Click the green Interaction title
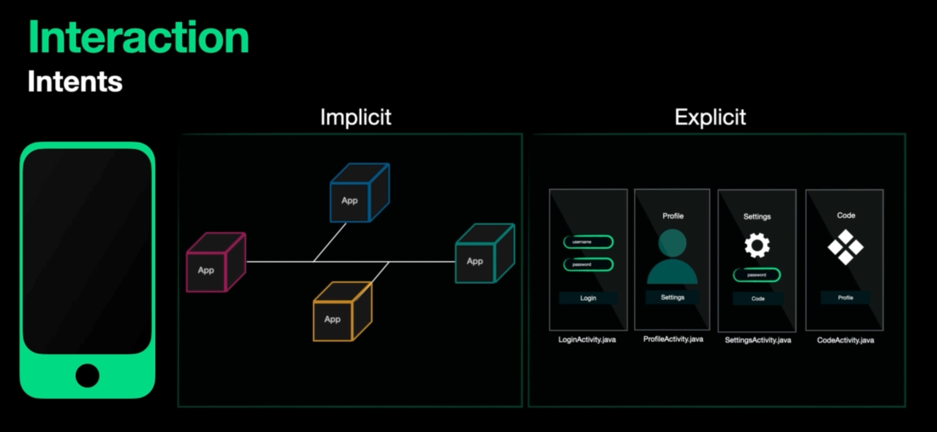click(138, 38)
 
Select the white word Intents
click(75, 81)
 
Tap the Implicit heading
click(356, 117)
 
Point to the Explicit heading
click(710, 117)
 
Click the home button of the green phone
click(87, 375)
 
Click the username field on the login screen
click(588, 242)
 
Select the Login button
click(588, 298)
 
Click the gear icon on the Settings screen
click(757, 245)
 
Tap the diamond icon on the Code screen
click(846, 247)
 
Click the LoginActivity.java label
click(587, 339)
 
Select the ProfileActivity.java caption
click(673, 339)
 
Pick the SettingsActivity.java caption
click(758, 340)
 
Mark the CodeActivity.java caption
click(846, 340)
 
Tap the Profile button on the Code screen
click(846, 298)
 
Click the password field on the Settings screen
click(757, 275)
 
